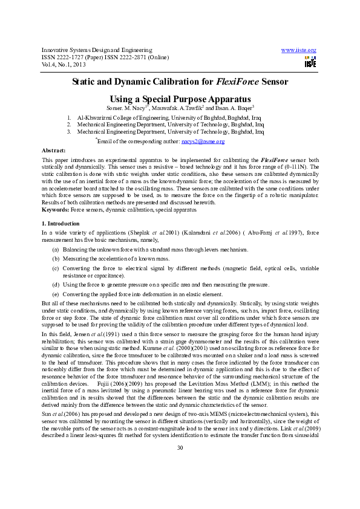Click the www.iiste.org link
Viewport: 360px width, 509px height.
[x=299, y=50]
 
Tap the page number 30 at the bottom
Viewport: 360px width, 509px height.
[x=180, y=481]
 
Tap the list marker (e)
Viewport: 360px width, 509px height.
[x=56, y=294]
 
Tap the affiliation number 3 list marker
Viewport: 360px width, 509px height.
[x=70, y=131]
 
